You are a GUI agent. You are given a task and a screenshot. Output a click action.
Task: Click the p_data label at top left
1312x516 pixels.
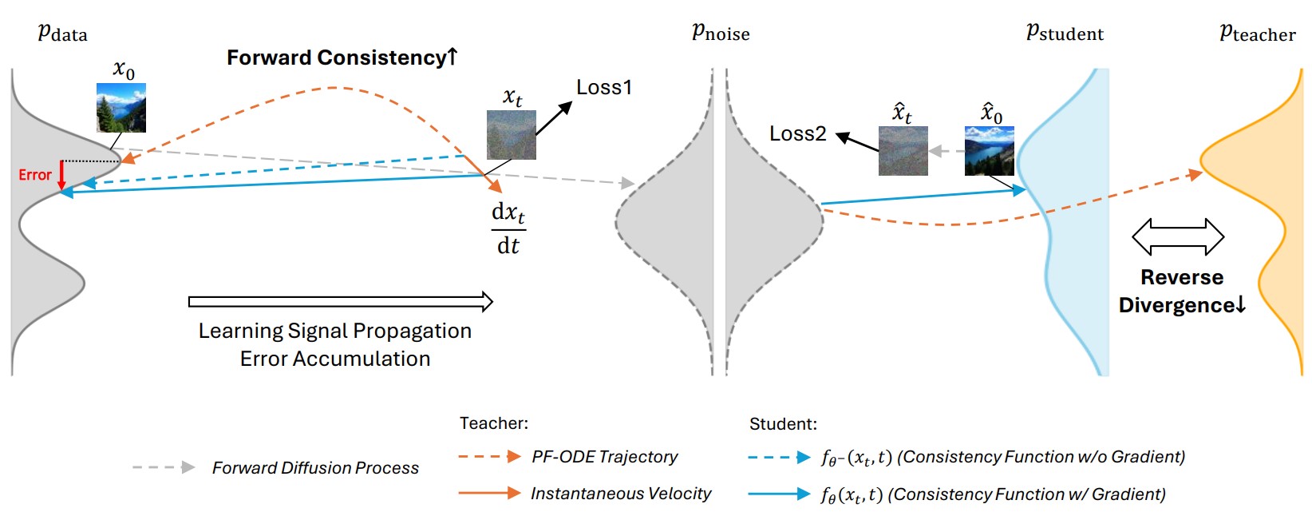click(x=62, y=33)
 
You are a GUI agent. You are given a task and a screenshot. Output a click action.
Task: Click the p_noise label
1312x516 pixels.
click(x=720, y=33)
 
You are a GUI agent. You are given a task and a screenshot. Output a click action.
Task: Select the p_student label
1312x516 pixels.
click(x=1065, y=33)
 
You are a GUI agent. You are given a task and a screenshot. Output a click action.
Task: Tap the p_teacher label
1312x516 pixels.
click(x=1257, y=33)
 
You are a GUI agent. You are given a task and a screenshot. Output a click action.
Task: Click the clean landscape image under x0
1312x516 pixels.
click(x=121, y=108)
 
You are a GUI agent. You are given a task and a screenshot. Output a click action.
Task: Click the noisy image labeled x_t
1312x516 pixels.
click(x=511, y=135)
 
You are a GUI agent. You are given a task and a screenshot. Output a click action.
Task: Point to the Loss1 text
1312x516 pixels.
click(x=603, y=87)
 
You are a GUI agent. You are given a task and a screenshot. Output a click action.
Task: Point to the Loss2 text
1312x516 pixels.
click(x=797, y=133)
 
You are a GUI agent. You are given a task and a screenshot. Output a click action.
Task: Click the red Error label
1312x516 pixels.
click(x=34, y=175)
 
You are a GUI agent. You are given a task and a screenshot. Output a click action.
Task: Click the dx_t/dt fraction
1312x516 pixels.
click(x=508, y=228)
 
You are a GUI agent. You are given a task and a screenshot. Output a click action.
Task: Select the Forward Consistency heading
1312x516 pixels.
click(x=342, y=58)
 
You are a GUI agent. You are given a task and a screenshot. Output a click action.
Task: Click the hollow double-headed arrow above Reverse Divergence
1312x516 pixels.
click(x=1178, y=236)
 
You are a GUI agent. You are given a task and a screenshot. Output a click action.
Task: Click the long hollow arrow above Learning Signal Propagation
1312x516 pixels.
click(x=341, y=301)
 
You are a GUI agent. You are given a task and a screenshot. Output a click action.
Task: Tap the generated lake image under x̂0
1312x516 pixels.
click(x=990, y=151)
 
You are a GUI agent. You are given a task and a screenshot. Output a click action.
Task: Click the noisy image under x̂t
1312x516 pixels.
click(x=903, y=151)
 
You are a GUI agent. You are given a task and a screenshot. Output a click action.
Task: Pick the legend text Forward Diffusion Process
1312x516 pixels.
click(x=315, y=468)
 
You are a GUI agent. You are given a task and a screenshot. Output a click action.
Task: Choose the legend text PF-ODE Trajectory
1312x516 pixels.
click(x=604, y=457)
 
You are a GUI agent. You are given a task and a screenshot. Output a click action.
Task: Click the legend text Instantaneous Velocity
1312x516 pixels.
click(x=620, y=494)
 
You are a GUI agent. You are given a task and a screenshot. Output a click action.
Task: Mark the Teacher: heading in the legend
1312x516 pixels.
click(x=493, y=423)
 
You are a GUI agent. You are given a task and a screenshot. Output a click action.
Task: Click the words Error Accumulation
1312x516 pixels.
click(x=335, y=359)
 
